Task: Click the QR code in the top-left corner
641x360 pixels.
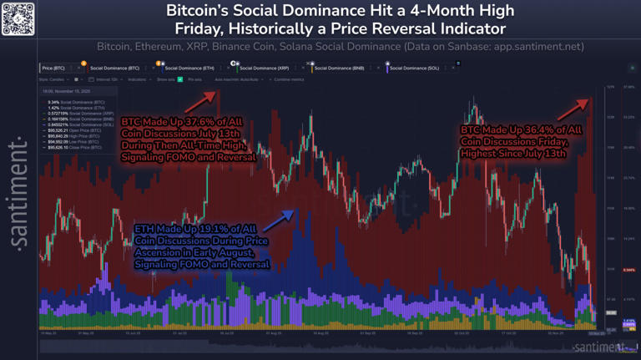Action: (x=18, y=18)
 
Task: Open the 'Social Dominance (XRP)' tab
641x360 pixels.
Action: (x=262, y=66)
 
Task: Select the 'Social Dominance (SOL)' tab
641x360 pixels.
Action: (x=413, y=66)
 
